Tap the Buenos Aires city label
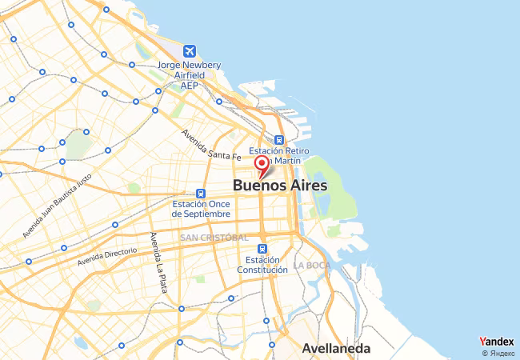[280, 185]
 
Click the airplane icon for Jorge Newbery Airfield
[189, 50]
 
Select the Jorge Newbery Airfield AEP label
[189, 74]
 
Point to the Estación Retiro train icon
[278, 139]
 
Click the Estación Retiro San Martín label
[275, 155]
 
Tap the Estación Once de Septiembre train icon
[201, 193]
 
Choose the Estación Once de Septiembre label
[202, 209]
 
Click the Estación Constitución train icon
[262, 249]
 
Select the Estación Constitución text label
[262, 265]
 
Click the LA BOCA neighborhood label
[311, 265]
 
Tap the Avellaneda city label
[336, 348]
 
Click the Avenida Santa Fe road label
[211, 144]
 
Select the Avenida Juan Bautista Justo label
[58, 205]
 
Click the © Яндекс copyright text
[498, 353]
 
